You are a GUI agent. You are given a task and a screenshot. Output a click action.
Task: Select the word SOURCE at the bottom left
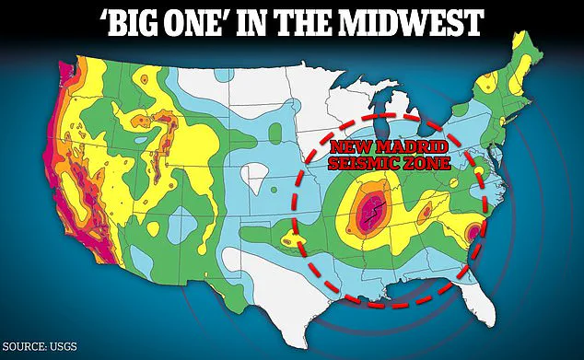tap(25, 346)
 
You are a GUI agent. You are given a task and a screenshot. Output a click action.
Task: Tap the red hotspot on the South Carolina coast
tap(473, 233)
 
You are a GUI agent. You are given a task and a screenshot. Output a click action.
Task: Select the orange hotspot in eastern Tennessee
tap(426, 213)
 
